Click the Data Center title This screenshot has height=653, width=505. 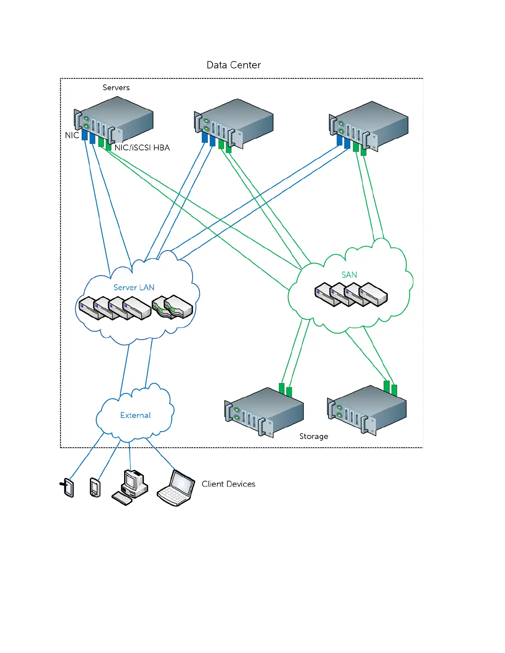pyautogui.click(x=234, y=65)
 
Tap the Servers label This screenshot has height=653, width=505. pyautogui.click(x=116, y=87)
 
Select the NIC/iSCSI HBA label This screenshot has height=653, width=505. pyautogui.click(x=142, y=148)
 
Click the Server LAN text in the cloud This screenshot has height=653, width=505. pyautogui.click(x=134, y=287)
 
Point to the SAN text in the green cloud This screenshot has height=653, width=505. pyautogui.click(x=349, y=275)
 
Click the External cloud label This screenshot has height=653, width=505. pyautogui.click(x=135, y=415)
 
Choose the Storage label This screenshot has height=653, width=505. pyautogui.click(x=314, y=436)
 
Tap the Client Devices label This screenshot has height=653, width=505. pyautogui.click(x=228, y=484)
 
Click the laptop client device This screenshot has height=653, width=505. pyautogui.click(x=176, y=488)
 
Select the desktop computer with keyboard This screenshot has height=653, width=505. pyautogui.click(x=130, y=487)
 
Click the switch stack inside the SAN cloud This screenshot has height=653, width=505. pyautogui.click(x=351, y=294)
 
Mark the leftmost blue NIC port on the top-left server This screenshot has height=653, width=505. pyautogui.click(x=85, y=135)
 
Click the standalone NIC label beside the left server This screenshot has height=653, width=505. pyautogui.click(x=72, y=135)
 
